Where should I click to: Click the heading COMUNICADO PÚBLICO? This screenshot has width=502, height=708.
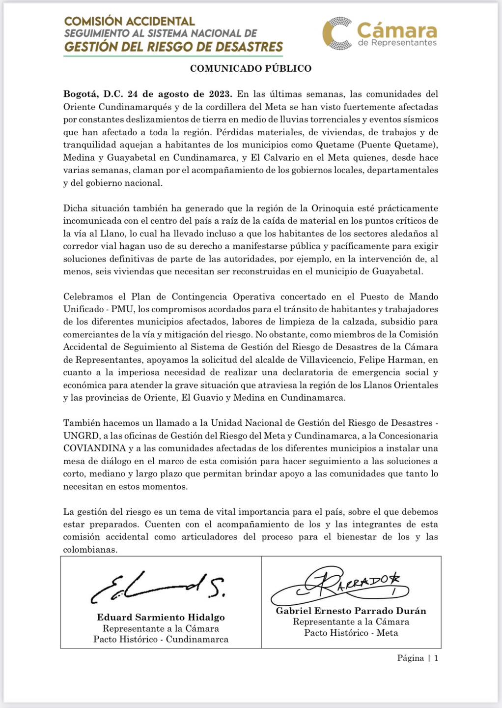click(x=251, y=68)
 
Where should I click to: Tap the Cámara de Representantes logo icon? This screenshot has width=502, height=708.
click(x=337, y=33)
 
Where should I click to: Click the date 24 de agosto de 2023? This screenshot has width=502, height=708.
click(x=180, y=94)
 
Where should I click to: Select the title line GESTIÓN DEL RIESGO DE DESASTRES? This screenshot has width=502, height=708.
click(x=173, y=47)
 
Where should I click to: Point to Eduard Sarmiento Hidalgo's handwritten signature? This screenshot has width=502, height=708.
click(x=158, y=587)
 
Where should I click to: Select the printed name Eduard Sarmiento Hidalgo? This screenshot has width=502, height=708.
click(x=161, y=618)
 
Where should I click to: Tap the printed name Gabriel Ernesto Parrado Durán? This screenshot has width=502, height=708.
click(x=351, y=611)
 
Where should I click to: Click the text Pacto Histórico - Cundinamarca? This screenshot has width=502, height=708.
click(x=161, y=639)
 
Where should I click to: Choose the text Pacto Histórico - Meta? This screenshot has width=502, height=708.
click(x=351, y=633)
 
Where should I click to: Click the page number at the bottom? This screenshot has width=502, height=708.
click(x=418, y=658)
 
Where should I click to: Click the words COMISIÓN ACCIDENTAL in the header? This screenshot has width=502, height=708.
click(x=130, y=21)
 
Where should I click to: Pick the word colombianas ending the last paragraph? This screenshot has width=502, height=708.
click(x=90, y=550)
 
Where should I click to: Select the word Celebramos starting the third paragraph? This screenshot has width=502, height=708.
click(x=90, y=296)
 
